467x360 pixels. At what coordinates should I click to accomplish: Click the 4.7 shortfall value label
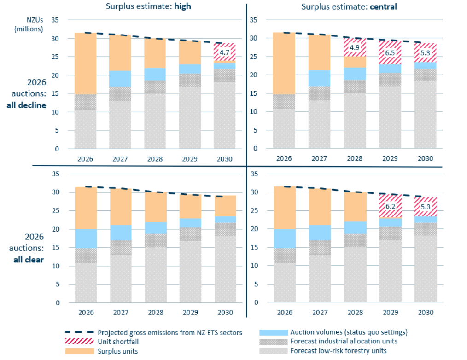[224, 52]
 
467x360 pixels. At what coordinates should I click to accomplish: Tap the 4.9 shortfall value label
[354, 47]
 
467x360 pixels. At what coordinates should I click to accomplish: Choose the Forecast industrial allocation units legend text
[344, 342]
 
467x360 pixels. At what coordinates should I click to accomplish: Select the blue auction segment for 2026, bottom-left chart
[86, 238]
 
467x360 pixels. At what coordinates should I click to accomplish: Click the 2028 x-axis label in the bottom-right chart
[354, 312]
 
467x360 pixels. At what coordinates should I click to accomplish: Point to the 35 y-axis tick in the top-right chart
[253, 20]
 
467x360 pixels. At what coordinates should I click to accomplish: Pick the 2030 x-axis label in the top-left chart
[224, 158]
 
